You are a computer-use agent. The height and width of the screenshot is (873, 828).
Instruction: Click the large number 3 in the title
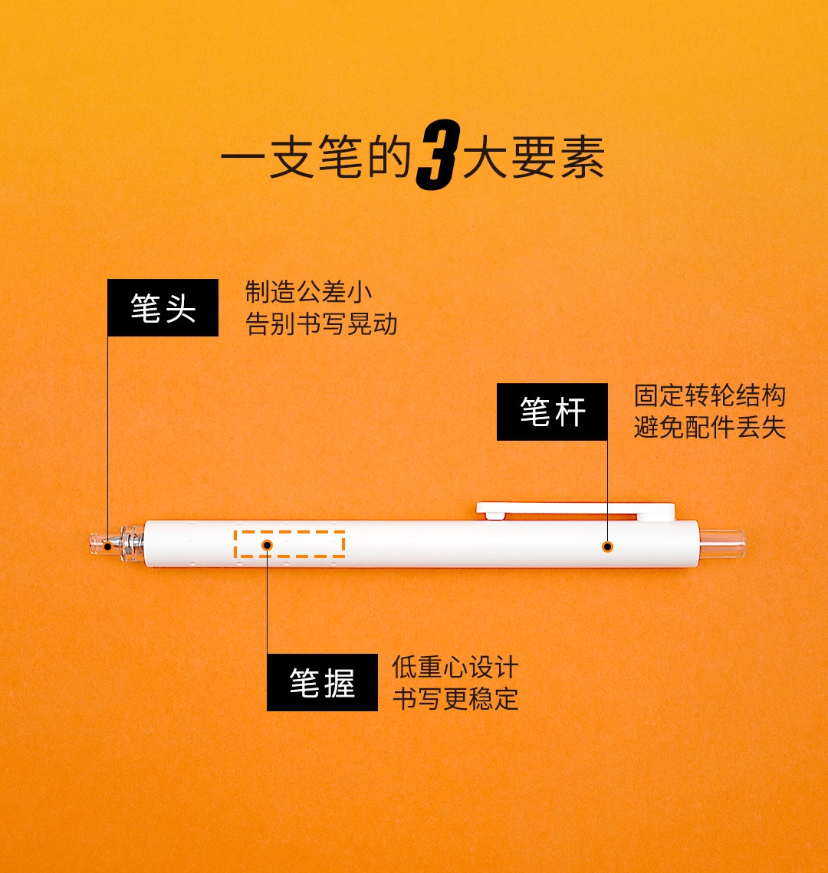439,155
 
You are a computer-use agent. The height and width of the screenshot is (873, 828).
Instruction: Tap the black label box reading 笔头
163,307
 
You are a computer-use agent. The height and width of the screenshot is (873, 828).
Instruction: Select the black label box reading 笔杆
552,412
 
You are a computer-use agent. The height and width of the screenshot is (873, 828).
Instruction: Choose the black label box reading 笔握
322,682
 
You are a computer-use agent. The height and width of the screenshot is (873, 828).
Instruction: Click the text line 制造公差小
308,292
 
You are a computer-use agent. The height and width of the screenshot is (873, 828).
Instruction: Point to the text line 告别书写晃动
321,324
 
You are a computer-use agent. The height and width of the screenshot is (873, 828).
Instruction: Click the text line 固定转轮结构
710,395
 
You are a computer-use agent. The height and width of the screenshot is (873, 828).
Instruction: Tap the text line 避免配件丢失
710,428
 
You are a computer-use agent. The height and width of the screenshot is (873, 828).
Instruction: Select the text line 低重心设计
455,667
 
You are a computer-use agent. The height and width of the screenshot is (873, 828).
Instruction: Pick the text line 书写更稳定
455,699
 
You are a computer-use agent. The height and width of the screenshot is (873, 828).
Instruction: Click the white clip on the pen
575,510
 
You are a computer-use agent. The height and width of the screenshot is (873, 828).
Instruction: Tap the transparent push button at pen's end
721,544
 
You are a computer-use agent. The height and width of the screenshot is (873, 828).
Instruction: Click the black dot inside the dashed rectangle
267,544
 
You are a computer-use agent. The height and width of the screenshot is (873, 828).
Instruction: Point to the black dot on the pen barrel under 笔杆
607,546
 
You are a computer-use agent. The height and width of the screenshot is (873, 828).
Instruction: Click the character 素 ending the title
583,158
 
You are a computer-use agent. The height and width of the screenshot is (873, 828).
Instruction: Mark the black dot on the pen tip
107,546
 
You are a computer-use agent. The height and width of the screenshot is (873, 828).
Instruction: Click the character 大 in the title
485,158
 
